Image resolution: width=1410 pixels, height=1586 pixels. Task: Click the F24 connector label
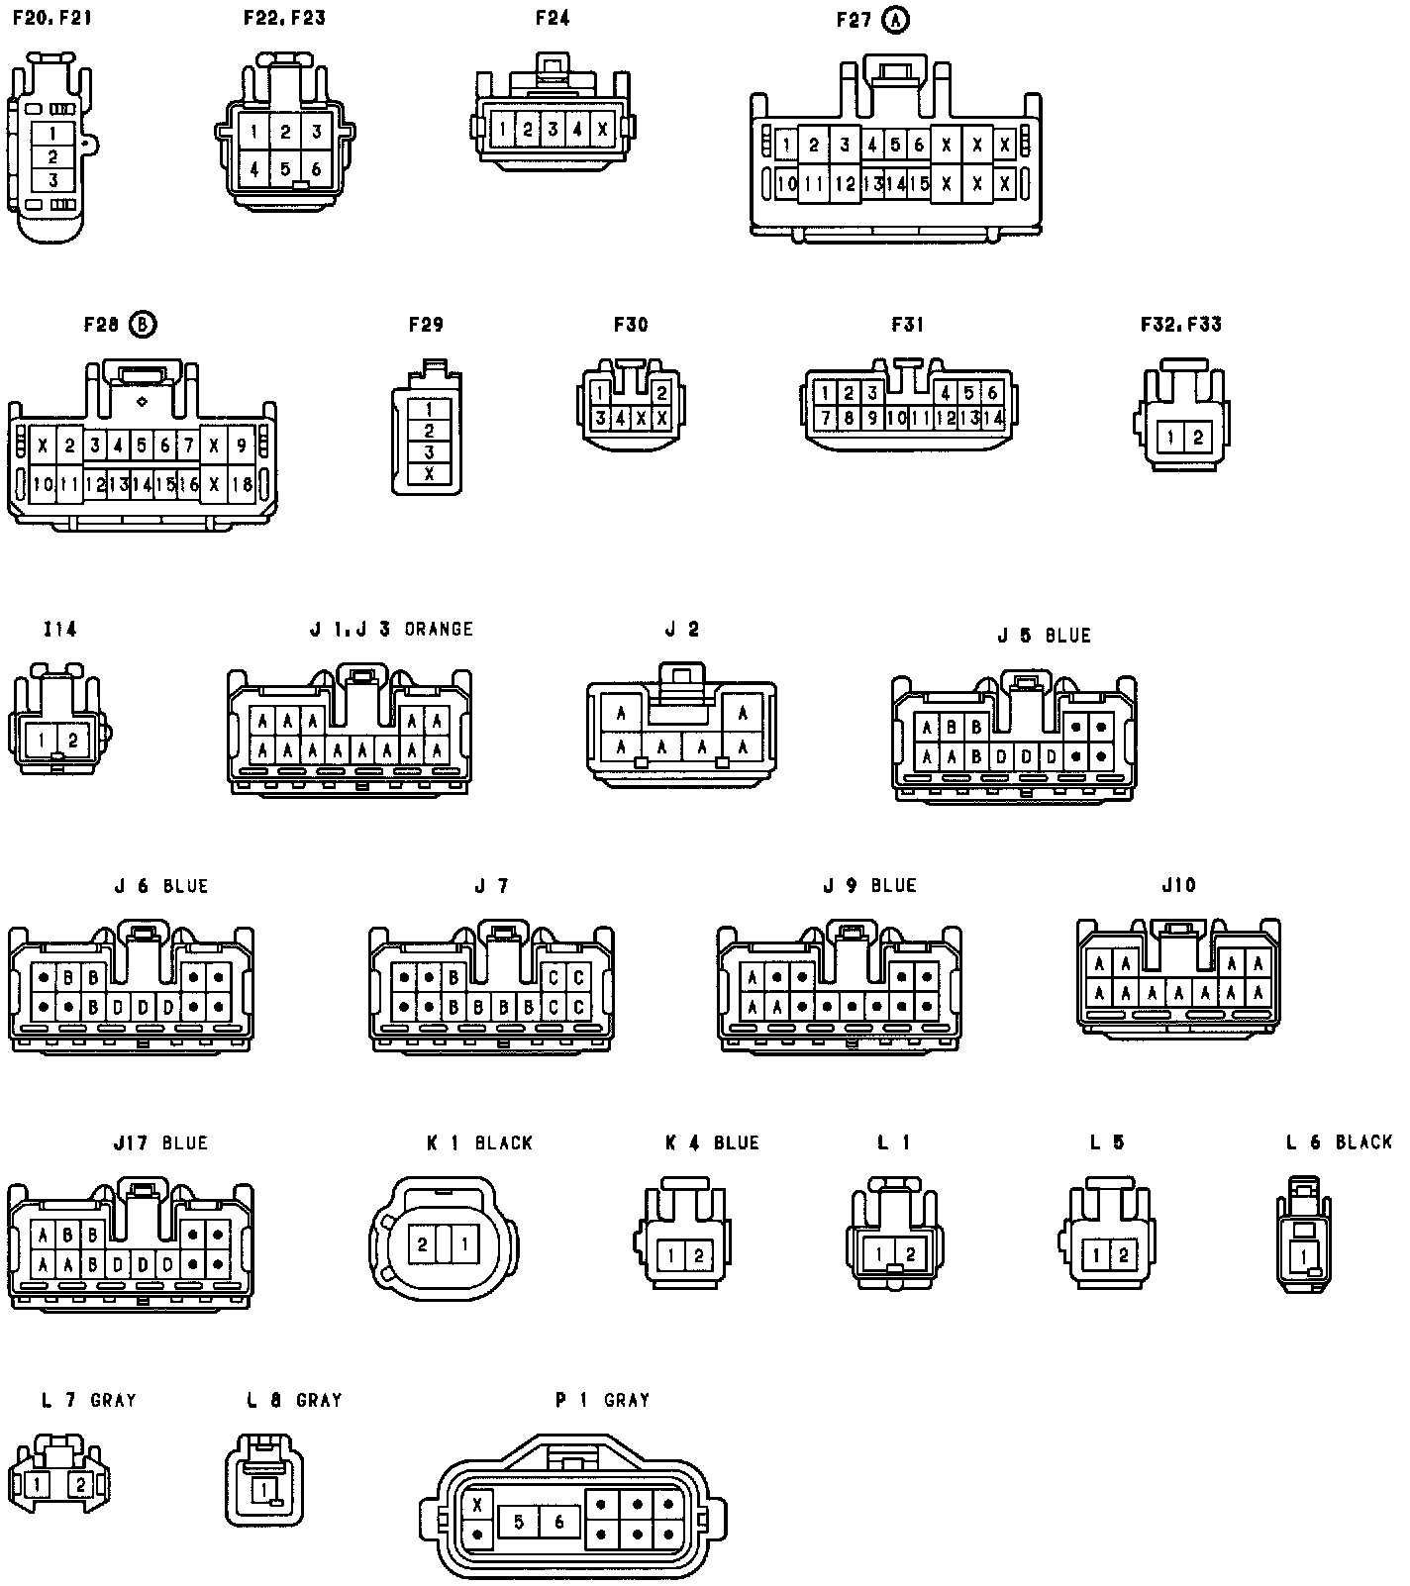click(552, 18)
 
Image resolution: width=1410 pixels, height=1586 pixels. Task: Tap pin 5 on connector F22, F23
click(284, 168)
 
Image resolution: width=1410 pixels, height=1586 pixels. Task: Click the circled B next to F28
click(144, 325)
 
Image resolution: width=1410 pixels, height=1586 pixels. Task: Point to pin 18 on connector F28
click(242, 484)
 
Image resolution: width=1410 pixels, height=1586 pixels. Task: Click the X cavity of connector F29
click(429, 474)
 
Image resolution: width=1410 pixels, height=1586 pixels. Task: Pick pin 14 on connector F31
click(993, 419)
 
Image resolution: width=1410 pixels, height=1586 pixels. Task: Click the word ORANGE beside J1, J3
click(439, 630)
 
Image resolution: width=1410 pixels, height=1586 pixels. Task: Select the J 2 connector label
click(681, 630)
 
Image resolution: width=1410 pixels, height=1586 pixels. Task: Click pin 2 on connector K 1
click(423, 1243)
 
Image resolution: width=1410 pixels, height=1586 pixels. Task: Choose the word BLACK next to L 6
click(1363, 1142)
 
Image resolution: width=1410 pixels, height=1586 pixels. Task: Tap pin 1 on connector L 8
click(264, 1488)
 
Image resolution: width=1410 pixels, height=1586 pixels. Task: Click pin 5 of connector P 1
click(518, 1522)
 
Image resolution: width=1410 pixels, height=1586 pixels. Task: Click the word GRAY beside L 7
click(113, 1401)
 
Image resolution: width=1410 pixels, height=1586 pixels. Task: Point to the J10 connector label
click(1178, 885)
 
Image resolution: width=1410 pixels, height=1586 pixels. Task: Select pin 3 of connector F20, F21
click(53, 180)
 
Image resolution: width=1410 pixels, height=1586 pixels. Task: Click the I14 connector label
click(59, 630)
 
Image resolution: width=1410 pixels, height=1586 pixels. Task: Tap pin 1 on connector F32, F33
click(1171, 437)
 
